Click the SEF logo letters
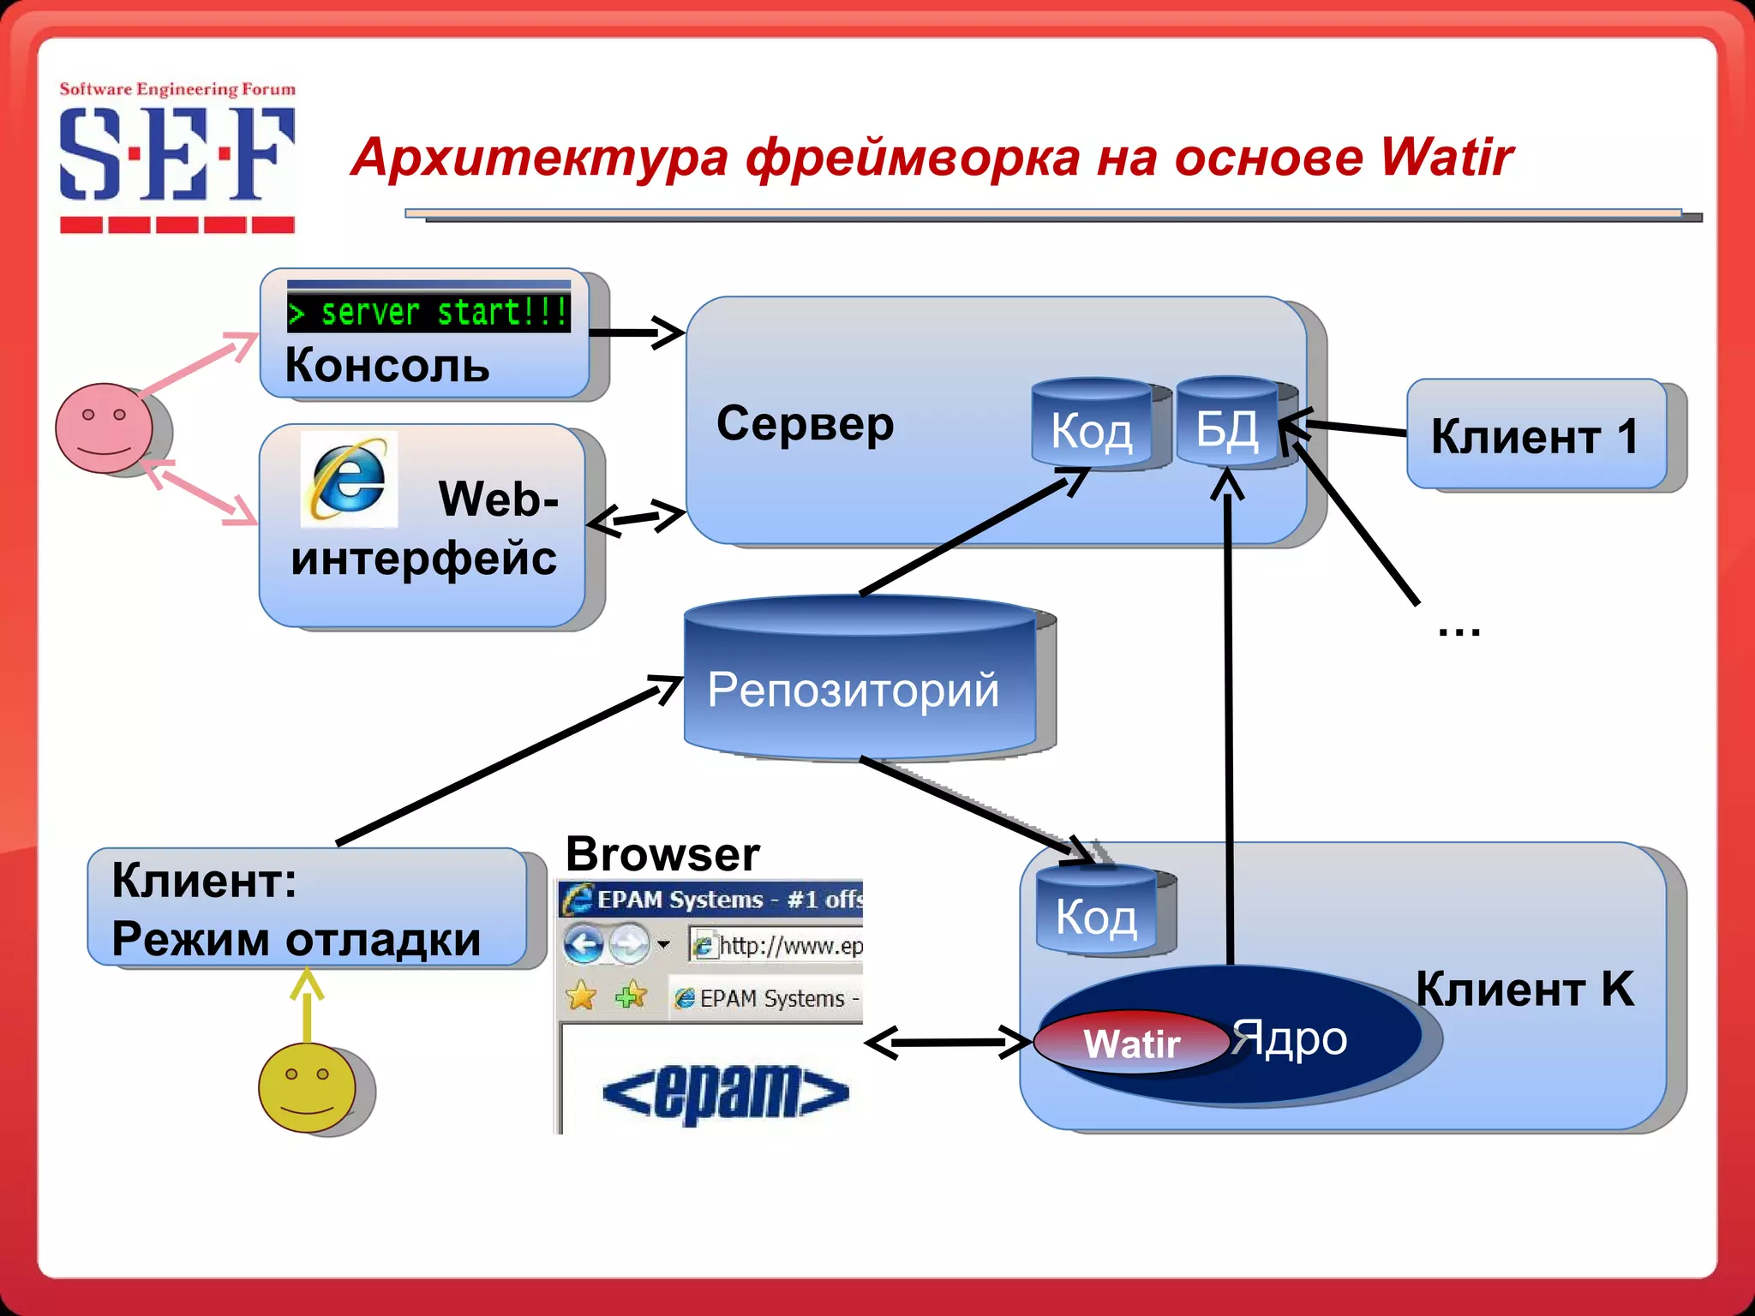(177, 154)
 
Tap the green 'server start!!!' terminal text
(428, 313)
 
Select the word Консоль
(387, 366)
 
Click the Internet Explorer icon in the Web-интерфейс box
(349, 479)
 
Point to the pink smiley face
(104, 428)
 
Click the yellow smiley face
(307, 1087)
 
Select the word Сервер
(805, 423)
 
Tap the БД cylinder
(1227, 423)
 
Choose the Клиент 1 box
(1536, 435)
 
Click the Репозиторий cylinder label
(853, 690)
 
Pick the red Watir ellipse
(1131, 1043)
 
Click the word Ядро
(1290, 1038)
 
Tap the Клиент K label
(1524, 989)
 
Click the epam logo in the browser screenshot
(726, 1092)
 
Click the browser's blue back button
(584, 946)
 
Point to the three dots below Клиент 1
(1459, 633)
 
